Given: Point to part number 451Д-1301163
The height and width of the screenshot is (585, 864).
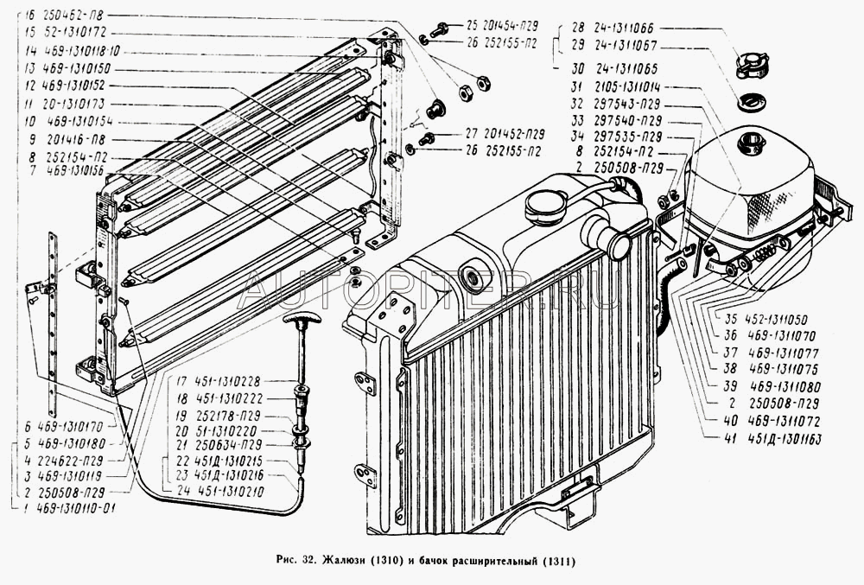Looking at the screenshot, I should (782, 440).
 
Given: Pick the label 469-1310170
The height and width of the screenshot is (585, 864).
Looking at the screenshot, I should (67, 426).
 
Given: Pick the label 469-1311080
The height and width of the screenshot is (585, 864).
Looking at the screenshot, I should (785, 386).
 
